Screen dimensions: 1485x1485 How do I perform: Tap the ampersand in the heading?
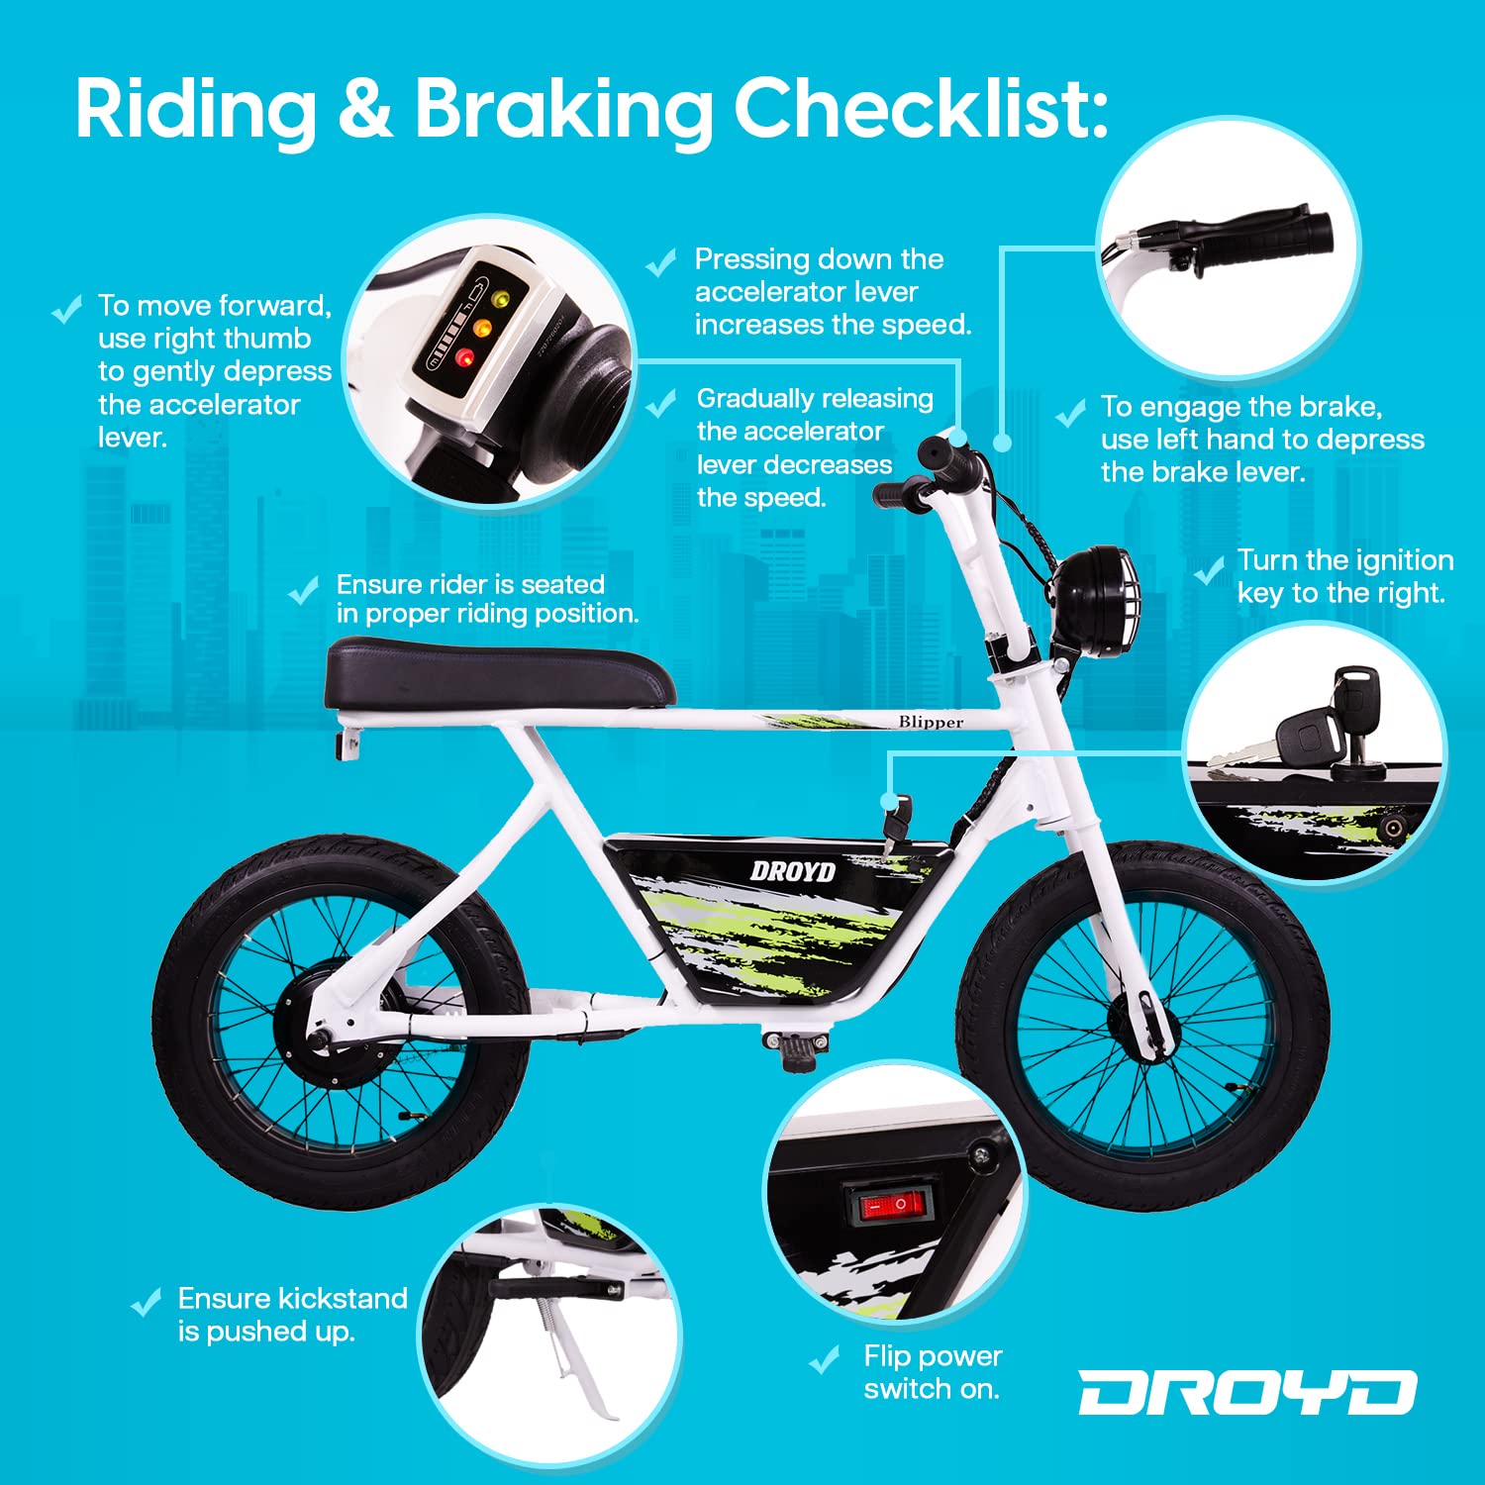pos(365,108)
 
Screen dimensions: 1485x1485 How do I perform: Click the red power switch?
pos(893,1205)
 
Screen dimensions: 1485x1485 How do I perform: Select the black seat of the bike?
pos(500,671)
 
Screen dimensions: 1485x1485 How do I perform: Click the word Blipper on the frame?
pos(931,722)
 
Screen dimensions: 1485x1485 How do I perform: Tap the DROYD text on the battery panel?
pos(793,871)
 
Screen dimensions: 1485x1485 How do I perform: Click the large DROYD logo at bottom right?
pos(1246,1393)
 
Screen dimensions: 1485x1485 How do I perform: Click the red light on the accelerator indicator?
pos(464,357)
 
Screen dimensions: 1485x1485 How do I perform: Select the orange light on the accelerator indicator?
pos(481,327)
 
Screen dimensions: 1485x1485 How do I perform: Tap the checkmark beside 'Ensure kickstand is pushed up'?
pos(147,1302)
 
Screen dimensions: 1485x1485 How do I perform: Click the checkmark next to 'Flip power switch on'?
pos(825,1360)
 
